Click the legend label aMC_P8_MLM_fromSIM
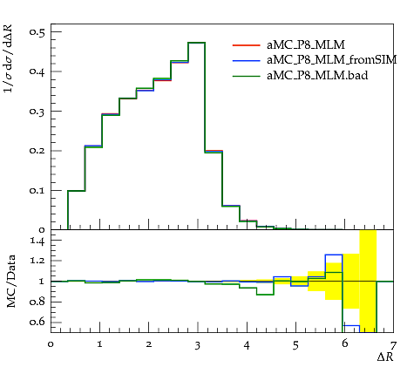tap(332, 60)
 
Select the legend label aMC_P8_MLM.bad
tap(317, 76)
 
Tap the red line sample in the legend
tap(246, 45)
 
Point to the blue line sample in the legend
tap(246, 61)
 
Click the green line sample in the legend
tap(246, 76)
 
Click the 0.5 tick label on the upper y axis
tap(37, 32)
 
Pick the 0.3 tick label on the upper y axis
tap(37, 112)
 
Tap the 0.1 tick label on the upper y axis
tap(37, 191)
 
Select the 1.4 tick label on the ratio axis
tap(37, 241)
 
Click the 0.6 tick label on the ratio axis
tap(37, 322)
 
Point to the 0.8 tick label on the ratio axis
tap(37, 302)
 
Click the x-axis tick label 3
tap(198, 345)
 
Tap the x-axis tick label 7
tap(393, 345)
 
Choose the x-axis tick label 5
tap(295, 345)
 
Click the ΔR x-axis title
tap(385, 357)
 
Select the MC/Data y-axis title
tap(10, 281)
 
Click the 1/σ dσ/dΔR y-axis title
tap(8, 58)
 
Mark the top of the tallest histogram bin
tap(197, 43)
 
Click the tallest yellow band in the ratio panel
tap(368, 281)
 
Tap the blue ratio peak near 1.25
tap(334, 255)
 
